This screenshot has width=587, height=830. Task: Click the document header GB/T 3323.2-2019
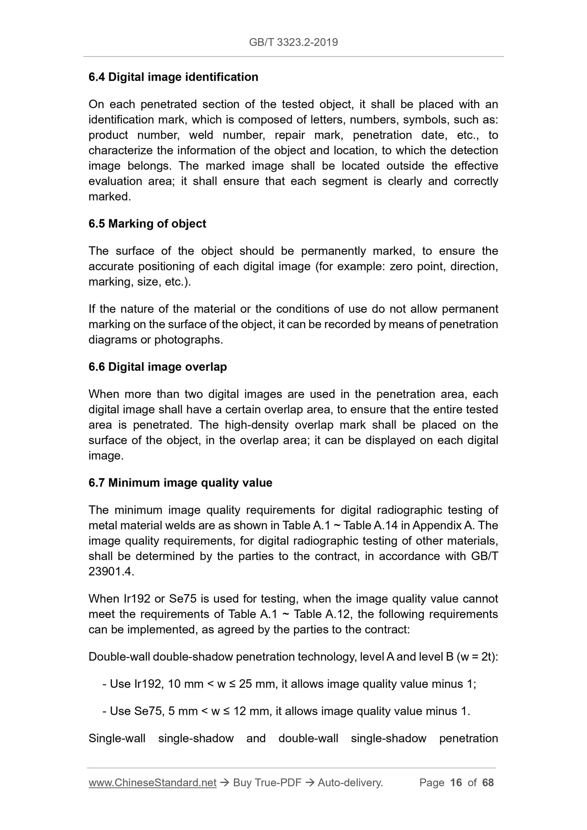tap(293, 42)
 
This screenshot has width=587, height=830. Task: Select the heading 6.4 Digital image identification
tap(173, 77)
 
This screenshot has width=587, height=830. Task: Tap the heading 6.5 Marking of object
tap(147, 224)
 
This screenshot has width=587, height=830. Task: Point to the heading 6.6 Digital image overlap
tap(158, 367)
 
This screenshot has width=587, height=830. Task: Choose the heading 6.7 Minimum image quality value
tap(180, 483)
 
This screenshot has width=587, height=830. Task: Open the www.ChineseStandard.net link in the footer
tap(152, 783)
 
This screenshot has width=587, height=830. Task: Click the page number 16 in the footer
tap(456, 783)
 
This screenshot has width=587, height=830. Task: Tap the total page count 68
tap(488, 783)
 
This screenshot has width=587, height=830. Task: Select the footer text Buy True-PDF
tap(267, 783)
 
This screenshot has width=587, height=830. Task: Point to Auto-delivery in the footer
tap(350, 783)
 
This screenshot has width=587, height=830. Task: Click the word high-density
tap(254, 425)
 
